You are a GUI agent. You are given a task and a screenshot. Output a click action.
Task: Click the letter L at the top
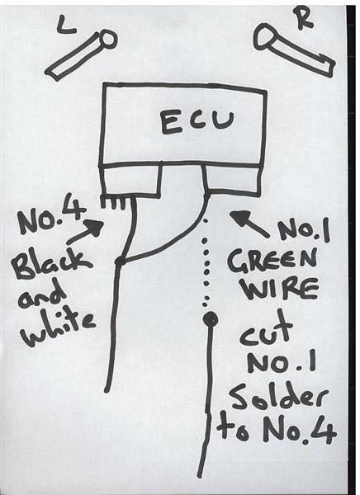point(66,26)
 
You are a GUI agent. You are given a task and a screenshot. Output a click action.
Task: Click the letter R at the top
point(303,18)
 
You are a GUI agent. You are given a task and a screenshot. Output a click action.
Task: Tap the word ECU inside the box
point(197,122)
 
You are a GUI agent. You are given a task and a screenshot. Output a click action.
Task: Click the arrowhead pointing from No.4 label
point(94,227)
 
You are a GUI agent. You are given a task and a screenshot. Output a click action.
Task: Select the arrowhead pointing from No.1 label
point(241,219)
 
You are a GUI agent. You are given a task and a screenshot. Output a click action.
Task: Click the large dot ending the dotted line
point(210,320)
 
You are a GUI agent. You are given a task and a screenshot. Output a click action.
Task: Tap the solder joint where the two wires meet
point(120,261)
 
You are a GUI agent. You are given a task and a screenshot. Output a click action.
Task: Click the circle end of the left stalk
point(108,39)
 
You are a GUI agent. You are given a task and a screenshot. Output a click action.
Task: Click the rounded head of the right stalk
point(265,37)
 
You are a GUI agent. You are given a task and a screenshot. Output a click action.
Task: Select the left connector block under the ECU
point(130,181)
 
